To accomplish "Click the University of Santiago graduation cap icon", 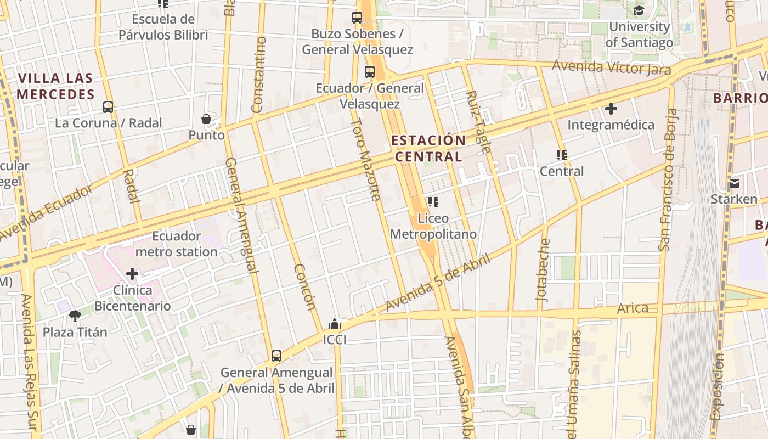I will [639, 10].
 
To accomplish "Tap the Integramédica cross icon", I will [611, 109].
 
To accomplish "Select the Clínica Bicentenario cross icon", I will [132, 273].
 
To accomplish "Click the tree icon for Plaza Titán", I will [75, 316].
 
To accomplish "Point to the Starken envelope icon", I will [734, 183].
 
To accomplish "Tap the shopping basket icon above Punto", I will [206, 119].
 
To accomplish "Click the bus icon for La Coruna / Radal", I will [108, 106].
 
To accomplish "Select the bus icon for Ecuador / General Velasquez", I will [370, 71].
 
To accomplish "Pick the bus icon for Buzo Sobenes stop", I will [357, 18].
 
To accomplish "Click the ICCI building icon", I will [335, 324].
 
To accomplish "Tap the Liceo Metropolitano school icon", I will [433, 202].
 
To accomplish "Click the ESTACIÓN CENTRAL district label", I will [428, 148].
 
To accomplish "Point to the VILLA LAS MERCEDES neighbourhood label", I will [55, 86].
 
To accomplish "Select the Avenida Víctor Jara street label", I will [611, 67].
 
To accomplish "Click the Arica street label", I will [633, 308].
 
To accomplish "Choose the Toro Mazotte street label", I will [366, 159].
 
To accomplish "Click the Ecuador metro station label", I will [176, 244].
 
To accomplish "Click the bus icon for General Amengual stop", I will [276, 356].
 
